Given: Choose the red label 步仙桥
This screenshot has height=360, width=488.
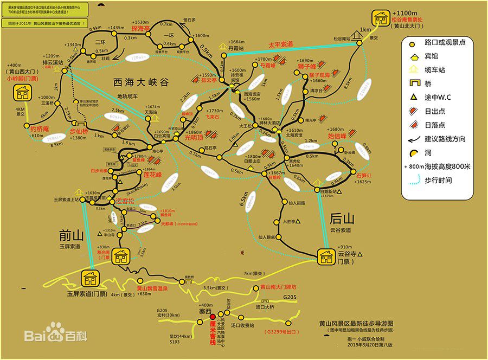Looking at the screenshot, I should pyautogui.click(x=80, y=131).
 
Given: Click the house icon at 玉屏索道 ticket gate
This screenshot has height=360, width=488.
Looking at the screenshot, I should pyautogui.click(x=89, y=279).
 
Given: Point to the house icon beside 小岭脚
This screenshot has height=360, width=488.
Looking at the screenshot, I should pyautogui.click(x=22, y=93).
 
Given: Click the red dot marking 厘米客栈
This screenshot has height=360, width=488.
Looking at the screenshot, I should pyautogui.click(x=213, y=316).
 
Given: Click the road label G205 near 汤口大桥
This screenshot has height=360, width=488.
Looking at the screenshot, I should pyautogui.click(x=290, y=297).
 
